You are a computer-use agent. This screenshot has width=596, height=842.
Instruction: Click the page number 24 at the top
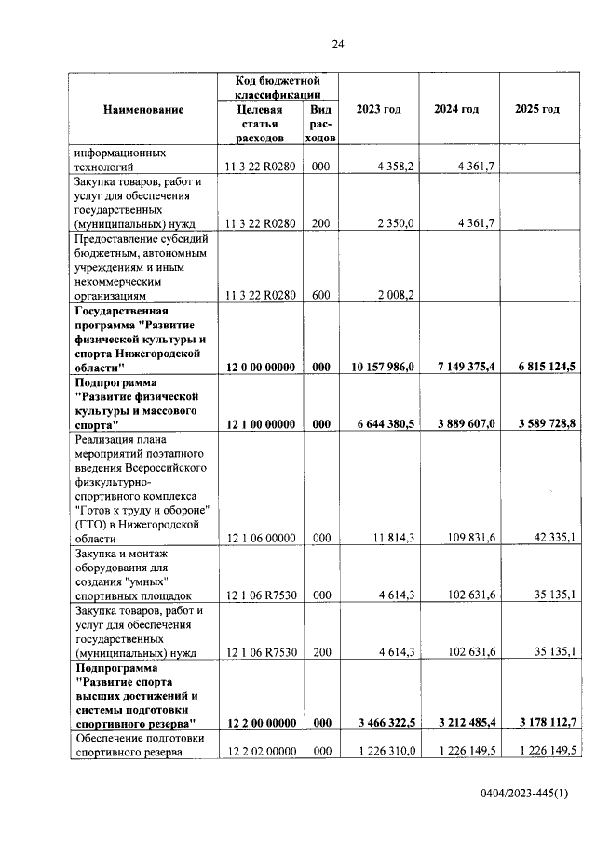(337, 44)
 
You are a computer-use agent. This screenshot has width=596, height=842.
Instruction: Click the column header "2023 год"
(379, 110)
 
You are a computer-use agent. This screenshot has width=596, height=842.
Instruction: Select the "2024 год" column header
(456, 110)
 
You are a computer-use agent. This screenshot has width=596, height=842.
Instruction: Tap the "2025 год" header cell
(536, 110)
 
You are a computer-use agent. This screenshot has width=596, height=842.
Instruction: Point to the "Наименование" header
(143, 110)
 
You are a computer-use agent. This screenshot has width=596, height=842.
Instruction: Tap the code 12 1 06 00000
(261, 539)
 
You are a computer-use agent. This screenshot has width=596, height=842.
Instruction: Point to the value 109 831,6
(469, 539)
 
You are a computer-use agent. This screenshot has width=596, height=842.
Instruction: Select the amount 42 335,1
(551, 539)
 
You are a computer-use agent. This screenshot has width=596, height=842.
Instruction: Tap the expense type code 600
(321, 295)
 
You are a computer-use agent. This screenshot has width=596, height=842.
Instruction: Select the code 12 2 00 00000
(261, 723)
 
